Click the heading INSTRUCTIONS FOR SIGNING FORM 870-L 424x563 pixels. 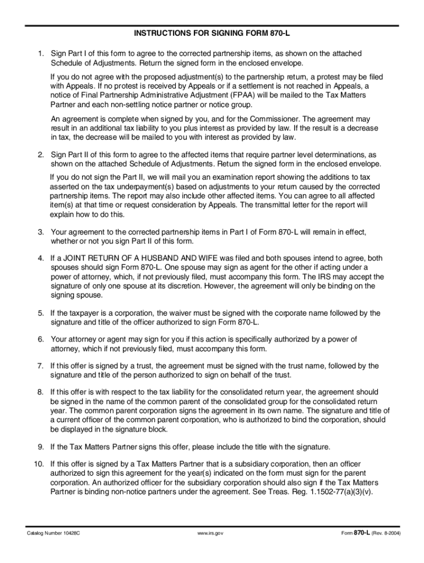pos(212,34)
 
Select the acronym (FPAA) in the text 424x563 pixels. pos(237,95)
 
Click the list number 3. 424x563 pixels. pos(40,232)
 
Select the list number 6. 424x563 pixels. pos(40,339)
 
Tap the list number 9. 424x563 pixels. pos(40,446)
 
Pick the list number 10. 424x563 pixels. pos(39,464)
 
